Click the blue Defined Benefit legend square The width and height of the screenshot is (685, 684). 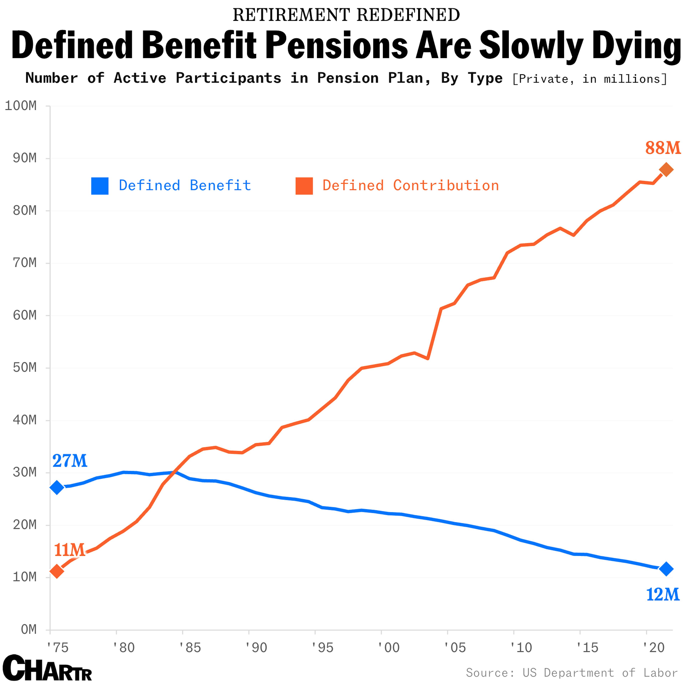pyautogui.click(x=100, y=186)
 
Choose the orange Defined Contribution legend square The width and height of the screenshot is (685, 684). pyautogui.click(x=304, y=186)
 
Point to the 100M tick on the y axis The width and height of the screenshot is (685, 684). pyautogui.click(x=21, y=106)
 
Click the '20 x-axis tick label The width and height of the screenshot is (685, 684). pyautogui.click(x=653, y=648)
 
